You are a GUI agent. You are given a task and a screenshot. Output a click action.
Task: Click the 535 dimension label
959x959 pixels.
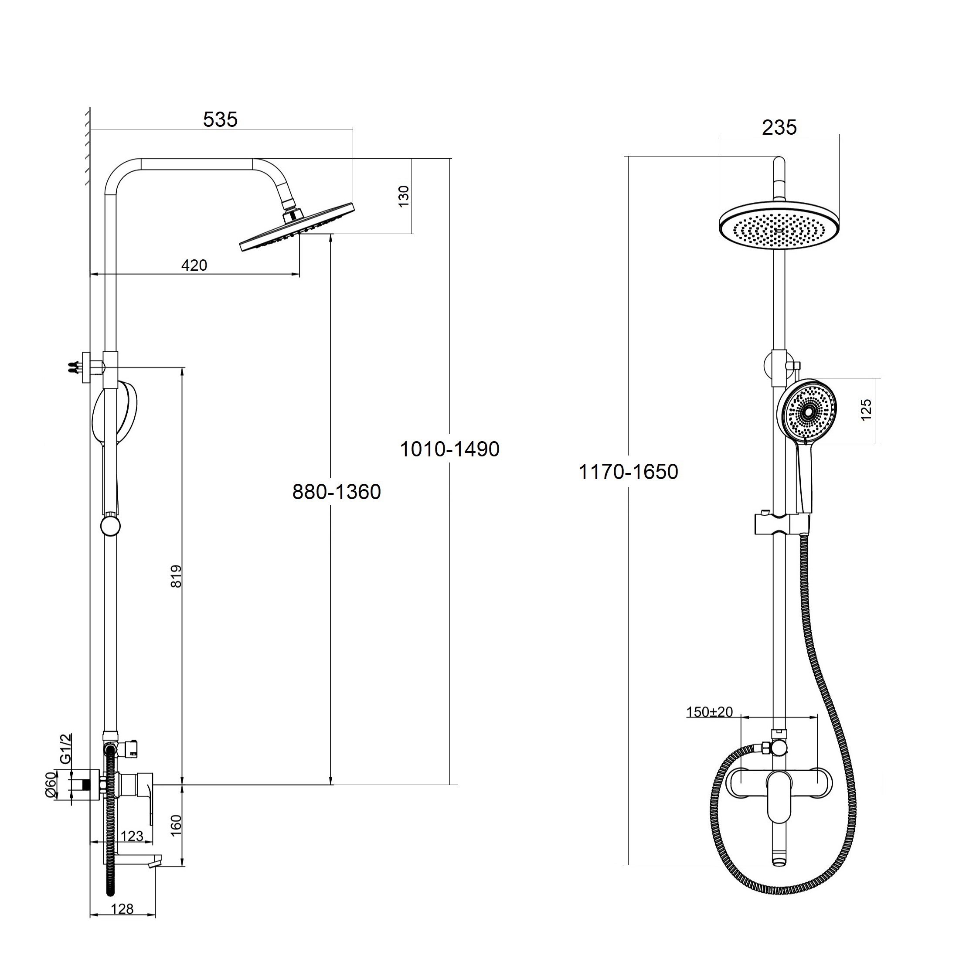click(x=221, y=119)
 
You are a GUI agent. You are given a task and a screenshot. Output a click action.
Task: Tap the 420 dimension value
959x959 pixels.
click(x=194, y=265)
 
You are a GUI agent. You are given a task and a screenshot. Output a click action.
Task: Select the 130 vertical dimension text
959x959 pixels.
click(x=404, y=196)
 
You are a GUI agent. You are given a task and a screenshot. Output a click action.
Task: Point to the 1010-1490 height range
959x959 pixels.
click(x=450, y=449)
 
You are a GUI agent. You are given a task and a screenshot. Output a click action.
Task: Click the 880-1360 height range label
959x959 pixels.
click(x=337, y=492)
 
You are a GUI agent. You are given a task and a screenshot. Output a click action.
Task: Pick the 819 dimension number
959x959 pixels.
click(x=176, y=576)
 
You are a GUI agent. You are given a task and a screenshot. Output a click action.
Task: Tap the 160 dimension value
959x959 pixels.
click(x=176, y=826)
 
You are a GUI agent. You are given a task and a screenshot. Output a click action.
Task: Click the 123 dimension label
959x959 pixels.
click(x=132, y=836)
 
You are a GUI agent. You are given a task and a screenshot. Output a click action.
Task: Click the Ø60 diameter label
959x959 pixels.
click(x=50, y=785)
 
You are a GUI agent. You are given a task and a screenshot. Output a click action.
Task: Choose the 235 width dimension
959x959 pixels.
click(x=779, y=128)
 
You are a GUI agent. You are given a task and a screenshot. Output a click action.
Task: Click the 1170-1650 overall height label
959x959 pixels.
click(x=629, y=472)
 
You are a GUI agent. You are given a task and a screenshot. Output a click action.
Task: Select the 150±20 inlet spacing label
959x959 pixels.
click(x=709, y=712)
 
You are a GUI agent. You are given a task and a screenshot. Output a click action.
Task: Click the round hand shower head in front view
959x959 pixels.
click(x=806, y=411)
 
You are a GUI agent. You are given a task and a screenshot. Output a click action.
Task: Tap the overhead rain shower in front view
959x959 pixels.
click(x=779, y=226)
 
